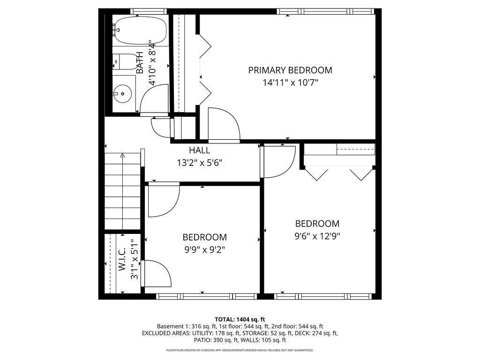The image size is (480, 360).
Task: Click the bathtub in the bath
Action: point(139,30)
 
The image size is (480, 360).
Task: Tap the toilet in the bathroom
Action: point(123,61)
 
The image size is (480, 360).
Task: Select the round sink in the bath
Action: point(123,93)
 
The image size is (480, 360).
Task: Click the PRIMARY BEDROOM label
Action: point(290,70)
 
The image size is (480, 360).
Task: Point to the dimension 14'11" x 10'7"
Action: point(290,83)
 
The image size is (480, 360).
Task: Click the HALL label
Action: point(199,150)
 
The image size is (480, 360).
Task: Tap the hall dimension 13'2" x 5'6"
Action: point(199,163)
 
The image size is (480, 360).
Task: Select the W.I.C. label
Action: point(121,259)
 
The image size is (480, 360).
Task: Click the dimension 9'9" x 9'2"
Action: point(204,250)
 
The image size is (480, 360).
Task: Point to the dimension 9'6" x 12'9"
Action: point(317,236)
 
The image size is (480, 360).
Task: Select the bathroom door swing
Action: point(154,99)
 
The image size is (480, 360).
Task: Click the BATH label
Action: point(140,62)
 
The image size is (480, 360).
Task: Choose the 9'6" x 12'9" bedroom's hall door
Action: point(277,161)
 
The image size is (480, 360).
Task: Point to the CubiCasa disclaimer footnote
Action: point(240,350)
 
